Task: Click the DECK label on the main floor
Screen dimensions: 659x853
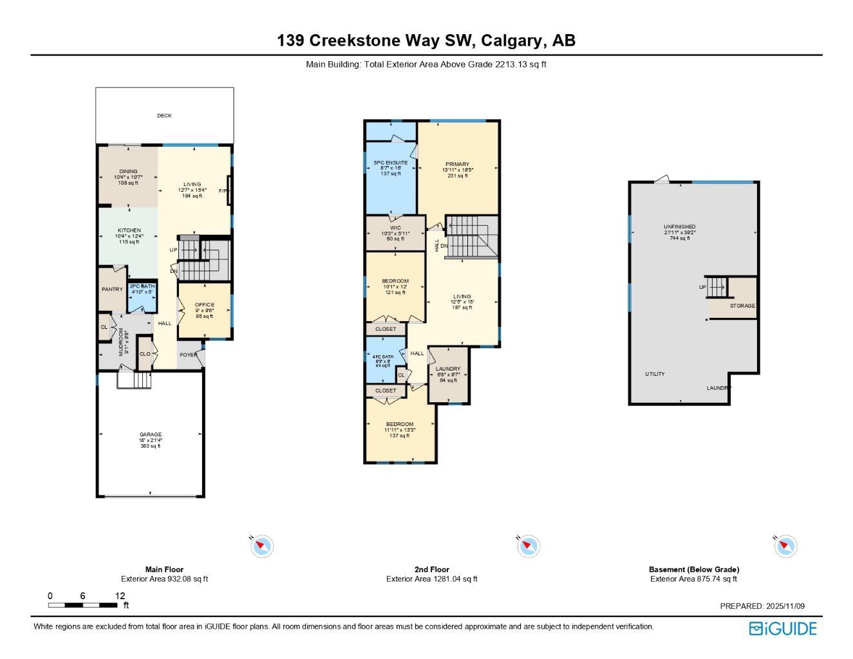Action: point(164,116)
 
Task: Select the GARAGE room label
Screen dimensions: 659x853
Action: point(151,434)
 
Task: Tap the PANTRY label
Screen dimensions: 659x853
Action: point(112,290)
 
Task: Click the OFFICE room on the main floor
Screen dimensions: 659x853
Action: point(205,305)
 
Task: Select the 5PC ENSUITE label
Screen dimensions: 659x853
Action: point(391,163)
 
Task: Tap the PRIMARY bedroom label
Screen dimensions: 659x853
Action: point(457,164)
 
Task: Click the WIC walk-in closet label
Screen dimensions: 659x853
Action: point(395,228)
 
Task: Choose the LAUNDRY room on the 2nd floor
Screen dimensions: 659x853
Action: point(448,369)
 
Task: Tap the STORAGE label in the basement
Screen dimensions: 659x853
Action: point(742,306)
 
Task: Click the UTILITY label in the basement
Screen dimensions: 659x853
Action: point(655,374)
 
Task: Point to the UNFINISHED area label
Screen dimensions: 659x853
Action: point(679,227)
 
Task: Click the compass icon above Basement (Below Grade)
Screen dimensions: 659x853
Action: point(785,546)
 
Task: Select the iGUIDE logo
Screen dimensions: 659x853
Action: point(783,628)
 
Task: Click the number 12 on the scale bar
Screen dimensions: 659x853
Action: point(120,596)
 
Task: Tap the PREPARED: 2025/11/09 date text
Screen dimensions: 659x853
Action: point(762,606)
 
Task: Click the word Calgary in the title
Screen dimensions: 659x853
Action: point(511,41)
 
